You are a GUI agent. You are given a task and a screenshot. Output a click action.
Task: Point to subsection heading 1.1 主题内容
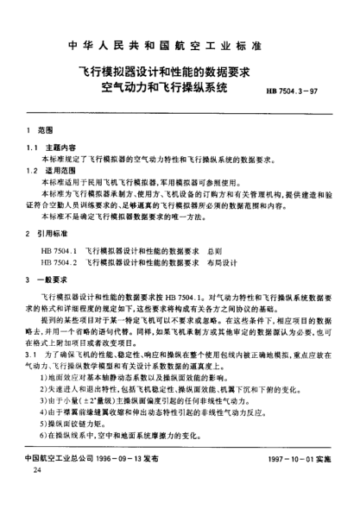point(49,148)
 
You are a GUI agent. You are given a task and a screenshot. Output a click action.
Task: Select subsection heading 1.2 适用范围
point(49,173)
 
